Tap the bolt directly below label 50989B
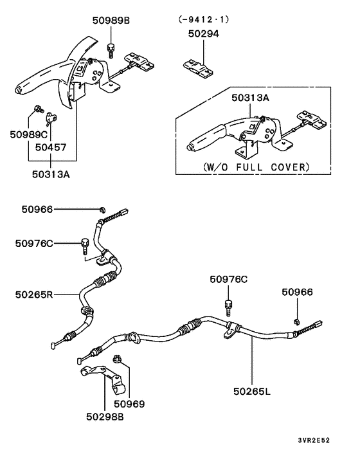(x=112, y=47)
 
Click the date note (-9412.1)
(x=203, y=19)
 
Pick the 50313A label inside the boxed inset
(x=251, y=98)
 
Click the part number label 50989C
(x=28, y=134)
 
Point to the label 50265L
(x=253, y=390)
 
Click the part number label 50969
(x=129, y=404)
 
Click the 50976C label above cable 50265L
(x=228, y=279)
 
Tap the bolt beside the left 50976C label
(x=84, y=244)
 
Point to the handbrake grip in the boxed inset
(x=206, y=138)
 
